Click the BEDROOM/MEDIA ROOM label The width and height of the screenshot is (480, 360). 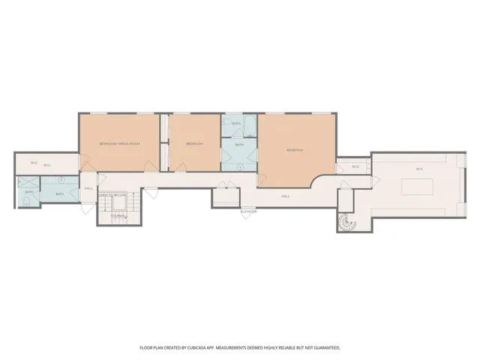120,143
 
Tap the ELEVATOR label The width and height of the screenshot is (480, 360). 248,211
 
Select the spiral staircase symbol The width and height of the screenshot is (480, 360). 346,222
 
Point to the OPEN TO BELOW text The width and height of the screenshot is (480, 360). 112,195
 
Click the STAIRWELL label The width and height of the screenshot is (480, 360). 118,216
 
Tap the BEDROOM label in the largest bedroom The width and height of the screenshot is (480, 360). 295,150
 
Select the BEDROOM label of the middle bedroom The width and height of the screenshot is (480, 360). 194,143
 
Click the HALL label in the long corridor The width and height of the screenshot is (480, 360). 285,196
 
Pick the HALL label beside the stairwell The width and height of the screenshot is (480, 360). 88,188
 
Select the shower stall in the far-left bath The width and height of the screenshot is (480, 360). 28,182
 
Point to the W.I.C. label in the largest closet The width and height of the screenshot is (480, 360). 419,169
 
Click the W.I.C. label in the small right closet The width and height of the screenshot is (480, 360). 355,167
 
